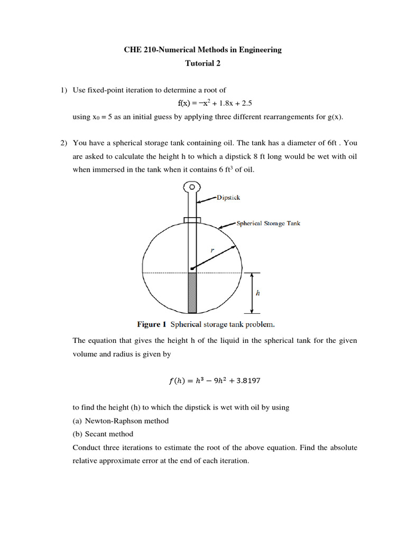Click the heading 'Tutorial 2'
pyautogui.click(x=202, y=63)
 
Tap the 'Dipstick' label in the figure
pyautogui.click(x=228, y=197)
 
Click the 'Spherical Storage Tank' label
pyautogui.click(x=268, y=223)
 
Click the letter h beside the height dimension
pyautogui.click(x=257, y=292)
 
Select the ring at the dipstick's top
pyautogui.click(x=192, y=186)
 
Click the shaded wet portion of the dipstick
pyautogui.click(x=192, y=293)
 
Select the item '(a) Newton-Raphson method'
pyautogui.click(x=121, y=421)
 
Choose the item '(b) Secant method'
pyautogui.click(x=103, y=434)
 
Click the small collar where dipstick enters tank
pyautogui.click(x=192, y=220)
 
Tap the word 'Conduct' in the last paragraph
pyautogui.click(x=86, y=447)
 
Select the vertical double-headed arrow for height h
pyautogui.click(x=252, y=293)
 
